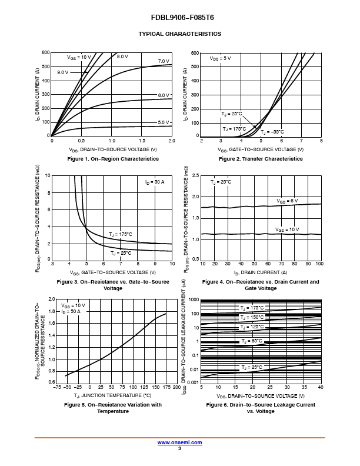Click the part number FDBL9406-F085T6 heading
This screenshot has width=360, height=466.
click(x=182, y=18)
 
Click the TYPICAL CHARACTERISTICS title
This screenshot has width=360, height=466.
click(x=179, y=34)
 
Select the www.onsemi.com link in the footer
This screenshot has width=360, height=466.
click(x=179, y=442)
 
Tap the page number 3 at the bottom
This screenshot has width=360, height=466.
click(x=179, y=448)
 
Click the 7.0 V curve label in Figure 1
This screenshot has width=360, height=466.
click(x=164, y=61)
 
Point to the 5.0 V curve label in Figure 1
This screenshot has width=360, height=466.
click(x=164, y=122)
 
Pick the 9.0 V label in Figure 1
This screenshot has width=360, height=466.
click(x=63, y=72)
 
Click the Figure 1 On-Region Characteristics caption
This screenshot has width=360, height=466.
click(x=113, y=159)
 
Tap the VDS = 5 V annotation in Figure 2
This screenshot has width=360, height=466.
click(x=220, y=59)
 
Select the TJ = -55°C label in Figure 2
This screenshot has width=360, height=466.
click(x=272, y=132)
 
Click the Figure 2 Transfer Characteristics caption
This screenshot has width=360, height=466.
click(x=261, y=159)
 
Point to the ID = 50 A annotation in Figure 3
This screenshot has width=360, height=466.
click(x=155, y=182)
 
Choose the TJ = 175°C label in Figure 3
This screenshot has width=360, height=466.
click(x=121, y=235)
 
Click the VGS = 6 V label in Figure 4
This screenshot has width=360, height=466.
click(x=287, y=201)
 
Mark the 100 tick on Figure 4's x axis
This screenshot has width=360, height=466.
click(x=319, y=264)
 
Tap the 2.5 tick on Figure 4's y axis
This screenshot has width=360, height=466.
click(x=195, y=175)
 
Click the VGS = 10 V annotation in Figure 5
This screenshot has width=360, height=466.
click(x=73, y=305)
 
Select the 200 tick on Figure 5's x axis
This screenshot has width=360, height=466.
click(x=176, y=387)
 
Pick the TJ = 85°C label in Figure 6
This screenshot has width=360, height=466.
click(x=252, y=341)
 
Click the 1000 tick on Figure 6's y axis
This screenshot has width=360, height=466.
click(x=194, y=299)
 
